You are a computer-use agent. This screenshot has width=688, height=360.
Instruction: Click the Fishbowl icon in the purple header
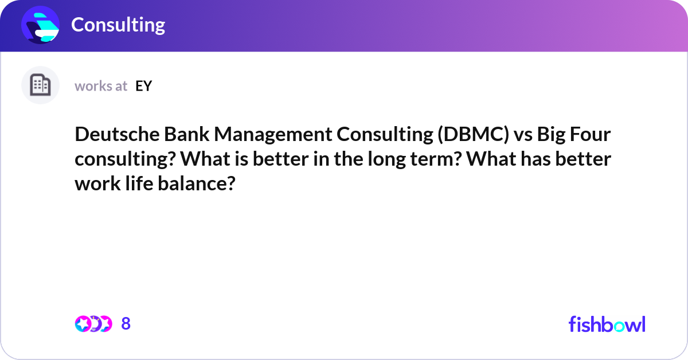point(41,25)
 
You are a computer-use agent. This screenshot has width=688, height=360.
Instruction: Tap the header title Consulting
point(118,25)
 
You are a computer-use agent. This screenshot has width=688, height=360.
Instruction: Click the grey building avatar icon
point(40,85)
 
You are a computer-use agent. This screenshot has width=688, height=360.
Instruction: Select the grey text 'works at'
point(101,86)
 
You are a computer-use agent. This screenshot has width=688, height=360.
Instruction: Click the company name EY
point(144,86)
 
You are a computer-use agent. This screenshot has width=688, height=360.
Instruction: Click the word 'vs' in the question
point(526,135)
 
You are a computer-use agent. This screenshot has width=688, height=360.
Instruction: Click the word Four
point(591,135)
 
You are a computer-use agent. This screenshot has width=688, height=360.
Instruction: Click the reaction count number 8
point(126,324)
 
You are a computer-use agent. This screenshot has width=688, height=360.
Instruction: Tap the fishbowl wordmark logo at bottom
point(607,324)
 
